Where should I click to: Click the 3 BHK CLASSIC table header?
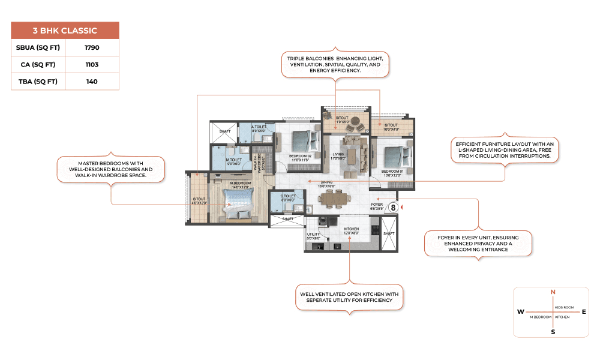click(x=65, y=31)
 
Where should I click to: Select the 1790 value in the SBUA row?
click(x=92, y=47)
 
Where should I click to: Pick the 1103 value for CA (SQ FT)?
click(x=92, y=64)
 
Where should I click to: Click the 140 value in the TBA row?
click(x=92, y=82)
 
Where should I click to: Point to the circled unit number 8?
click(x=394, y=207)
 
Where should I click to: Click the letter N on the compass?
click(x=553, y=292)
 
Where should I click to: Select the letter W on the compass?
click(x=520, y=312)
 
